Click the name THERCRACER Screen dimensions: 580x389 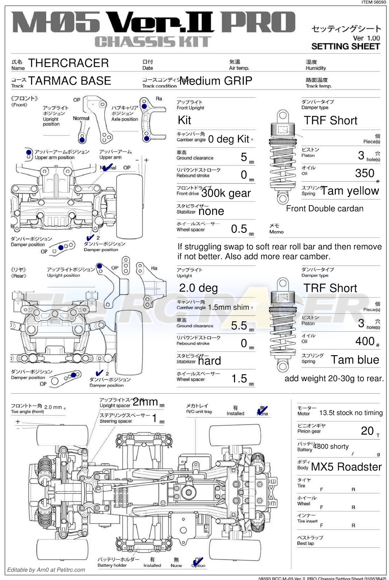68,63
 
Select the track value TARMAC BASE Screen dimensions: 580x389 70,81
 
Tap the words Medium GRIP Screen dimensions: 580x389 216,81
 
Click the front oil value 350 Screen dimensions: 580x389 364,173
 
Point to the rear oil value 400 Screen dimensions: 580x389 364,341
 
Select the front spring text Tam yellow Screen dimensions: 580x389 350,191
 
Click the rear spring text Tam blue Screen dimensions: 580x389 355,360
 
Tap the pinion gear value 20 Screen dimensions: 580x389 367,431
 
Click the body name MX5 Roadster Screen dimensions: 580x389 346,467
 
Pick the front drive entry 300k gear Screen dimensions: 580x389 226,193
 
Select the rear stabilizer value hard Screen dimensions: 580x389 209,361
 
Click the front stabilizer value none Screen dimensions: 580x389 211,211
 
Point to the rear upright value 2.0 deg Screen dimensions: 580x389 198,288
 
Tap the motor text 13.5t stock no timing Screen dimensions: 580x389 351,413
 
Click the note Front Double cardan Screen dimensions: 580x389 325,209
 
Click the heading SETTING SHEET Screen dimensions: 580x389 346,46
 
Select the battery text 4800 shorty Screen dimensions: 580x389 331,447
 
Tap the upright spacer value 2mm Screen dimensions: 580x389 145,402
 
